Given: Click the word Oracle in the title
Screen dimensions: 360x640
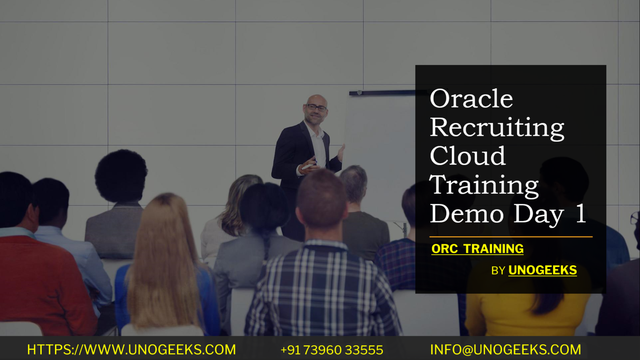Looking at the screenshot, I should (x=471, y=99).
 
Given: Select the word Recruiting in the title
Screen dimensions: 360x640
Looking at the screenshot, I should (x=497, y=128).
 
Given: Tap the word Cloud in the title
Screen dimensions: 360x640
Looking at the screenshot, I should (x=467, y=156).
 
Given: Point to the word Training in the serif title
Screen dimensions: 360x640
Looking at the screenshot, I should (x=484, y=185).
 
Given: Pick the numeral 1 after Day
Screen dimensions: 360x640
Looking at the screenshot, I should (x=580, y=214).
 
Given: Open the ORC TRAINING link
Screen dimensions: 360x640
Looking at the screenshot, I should (x=477, y=249).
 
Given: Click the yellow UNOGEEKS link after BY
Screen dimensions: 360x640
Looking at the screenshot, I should (x=542, y=270).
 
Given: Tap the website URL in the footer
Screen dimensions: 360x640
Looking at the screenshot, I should (x=131, y=350).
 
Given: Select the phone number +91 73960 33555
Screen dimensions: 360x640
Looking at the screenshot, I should (x=332, y=350).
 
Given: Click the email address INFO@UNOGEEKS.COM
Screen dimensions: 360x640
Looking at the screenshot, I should (x=505, y=350).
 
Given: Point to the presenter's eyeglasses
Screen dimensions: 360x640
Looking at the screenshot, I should (x=317, y=108).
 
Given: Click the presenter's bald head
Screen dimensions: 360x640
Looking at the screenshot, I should (x=317, y=99).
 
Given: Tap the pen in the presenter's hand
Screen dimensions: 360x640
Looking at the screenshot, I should (x=308, y=166).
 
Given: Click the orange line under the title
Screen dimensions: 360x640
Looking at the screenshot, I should (x=511, y=237).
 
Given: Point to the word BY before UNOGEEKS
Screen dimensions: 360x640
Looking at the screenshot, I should (x=498, y=271).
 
